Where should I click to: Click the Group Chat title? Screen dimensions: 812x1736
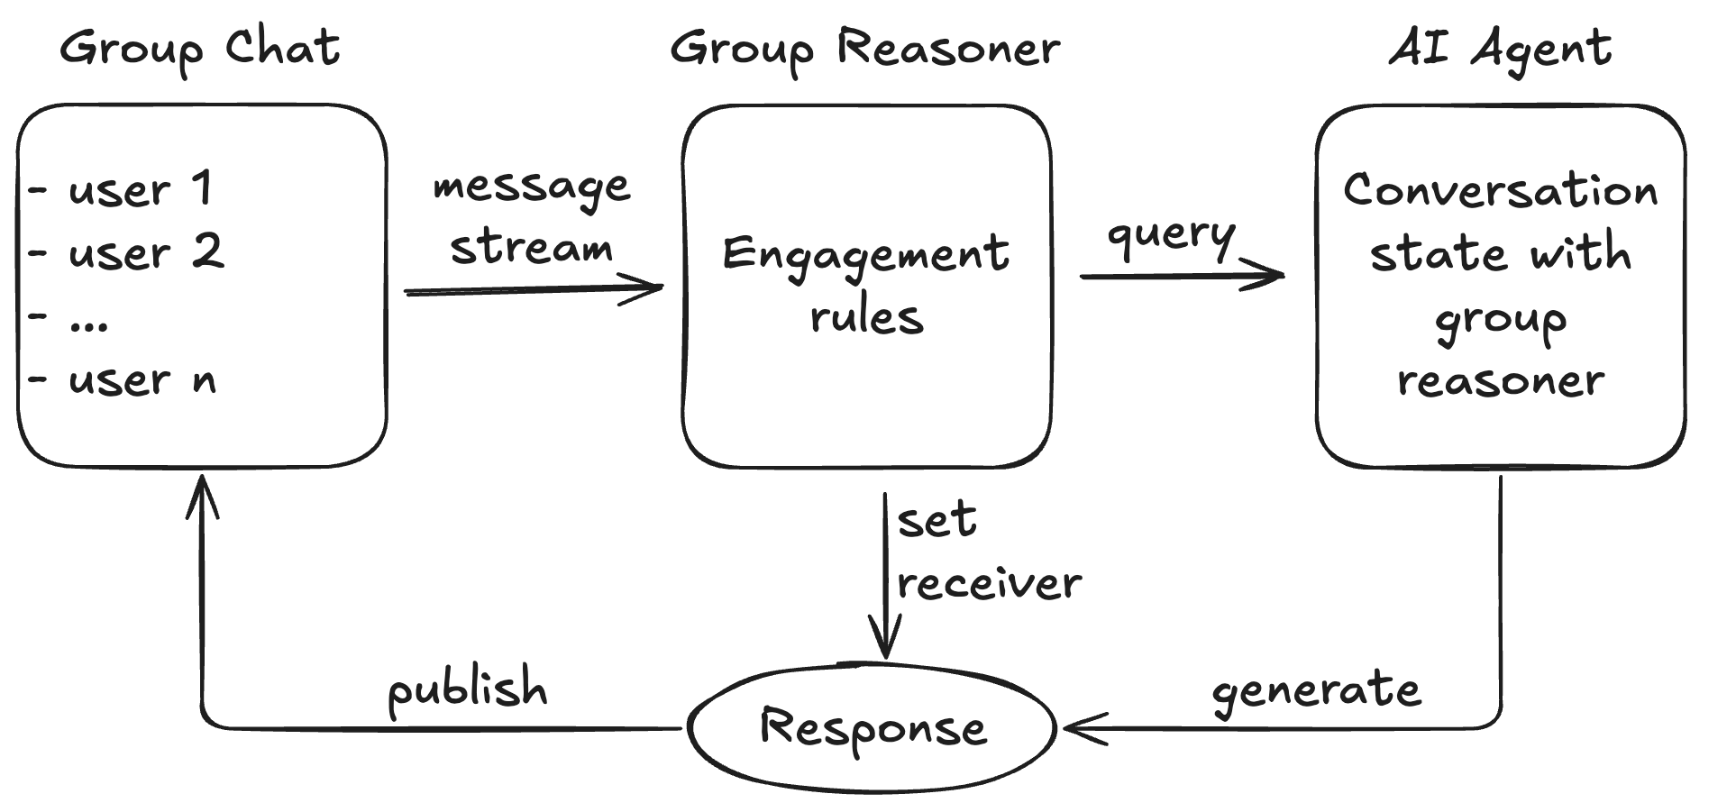tap(199, 48)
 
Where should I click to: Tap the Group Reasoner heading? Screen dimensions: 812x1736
tap(864, 48)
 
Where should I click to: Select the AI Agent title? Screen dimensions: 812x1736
tap(1500, 48)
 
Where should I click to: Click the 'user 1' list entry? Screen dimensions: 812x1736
tap(140, 188)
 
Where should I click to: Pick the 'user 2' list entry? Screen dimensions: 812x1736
tap(144, 251)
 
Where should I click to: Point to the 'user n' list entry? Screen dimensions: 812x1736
tap(142, 379)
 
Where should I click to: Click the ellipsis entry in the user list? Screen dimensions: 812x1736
tap(87, 322)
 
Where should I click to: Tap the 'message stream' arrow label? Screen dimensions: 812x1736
tap(531, 217)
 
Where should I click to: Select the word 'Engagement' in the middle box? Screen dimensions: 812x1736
tap(865, 255)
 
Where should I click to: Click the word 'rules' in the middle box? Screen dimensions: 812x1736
tap(866, 317)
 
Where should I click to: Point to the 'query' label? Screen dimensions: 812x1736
tap(1171, 234)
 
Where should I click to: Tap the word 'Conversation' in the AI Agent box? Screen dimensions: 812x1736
tap(1500, 190)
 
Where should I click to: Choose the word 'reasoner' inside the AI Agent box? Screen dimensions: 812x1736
tap(1500, 380)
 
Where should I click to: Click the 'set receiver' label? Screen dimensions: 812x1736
tap(987, 552)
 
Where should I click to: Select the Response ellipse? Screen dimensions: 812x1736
tap(872, 727)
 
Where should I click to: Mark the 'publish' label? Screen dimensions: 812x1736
tap(467, 689)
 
